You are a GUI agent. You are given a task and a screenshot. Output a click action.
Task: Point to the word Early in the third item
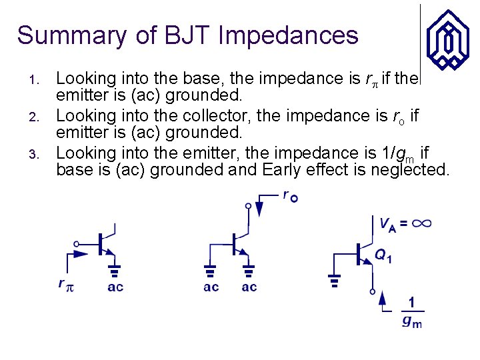(281, 170)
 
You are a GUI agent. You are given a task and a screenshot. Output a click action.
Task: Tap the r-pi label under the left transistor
(65, 285)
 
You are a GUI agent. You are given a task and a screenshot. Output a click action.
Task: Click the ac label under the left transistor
(115, 287)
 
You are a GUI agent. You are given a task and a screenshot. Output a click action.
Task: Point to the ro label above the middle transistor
(290, 196)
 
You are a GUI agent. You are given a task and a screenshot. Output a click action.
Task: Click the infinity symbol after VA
(421, 224)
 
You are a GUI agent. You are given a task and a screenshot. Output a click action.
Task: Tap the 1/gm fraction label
(412, 312)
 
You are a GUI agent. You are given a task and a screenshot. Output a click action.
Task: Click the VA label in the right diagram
(387, 225)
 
